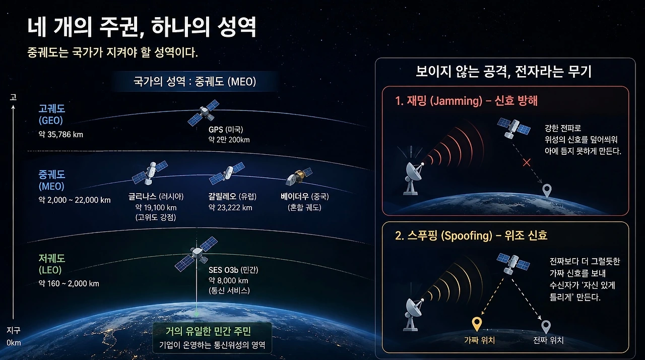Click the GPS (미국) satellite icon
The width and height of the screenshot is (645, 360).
point(204,112)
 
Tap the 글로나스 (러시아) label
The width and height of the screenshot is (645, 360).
point(156,197)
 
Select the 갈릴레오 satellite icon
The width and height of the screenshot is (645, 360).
point(227,173)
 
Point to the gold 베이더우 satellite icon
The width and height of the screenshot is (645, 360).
point(299,176)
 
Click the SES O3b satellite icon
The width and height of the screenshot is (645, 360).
point(197,254)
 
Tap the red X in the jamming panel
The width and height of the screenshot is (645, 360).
point(527,163)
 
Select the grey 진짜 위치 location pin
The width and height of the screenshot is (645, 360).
point(546,327)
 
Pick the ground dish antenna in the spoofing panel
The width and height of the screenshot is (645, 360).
point(414,314)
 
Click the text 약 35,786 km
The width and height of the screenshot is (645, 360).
point(61,135)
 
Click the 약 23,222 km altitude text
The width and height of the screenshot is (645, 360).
point(230,208)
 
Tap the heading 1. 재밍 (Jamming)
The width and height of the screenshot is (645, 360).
point(438,101)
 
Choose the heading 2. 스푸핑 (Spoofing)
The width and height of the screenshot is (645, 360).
point(444,235)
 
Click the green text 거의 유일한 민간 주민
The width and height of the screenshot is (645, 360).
point(208,331)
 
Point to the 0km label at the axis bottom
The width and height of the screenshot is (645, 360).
point(14,343)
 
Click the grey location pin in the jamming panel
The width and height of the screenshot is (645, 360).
point(547,190)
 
